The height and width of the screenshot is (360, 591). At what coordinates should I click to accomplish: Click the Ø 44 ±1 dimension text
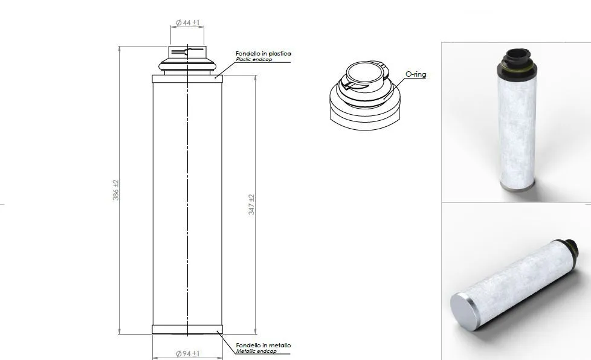tap(187, 23)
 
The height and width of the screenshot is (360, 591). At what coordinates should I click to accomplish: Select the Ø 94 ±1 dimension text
tap(187, 353)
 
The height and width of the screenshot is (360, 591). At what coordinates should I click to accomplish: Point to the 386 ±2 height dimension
tap(116, 190)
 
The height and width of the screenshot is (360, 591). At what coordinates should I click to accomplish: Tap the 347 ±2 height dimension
tap(252, 205)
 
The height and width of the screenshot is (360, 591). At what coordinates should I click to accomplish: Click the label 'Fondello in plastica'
tap(263, 54)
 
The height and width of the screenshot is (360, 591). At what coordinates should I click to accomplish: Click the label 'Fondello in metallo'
tap(263, 346)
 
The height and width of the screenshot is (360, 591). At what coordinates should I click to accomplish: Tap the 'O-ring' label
tap(415, 74)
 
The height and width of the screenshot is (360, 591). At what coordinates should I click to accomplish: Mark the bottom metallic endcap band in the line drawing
tap(187, 330)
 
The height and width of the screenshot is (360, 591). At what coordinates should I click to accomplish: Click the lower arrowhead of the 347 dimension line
tap(256, 330)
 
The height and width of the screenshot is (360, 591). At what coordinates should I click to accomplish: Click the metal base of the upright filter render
tap(517, 186)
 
